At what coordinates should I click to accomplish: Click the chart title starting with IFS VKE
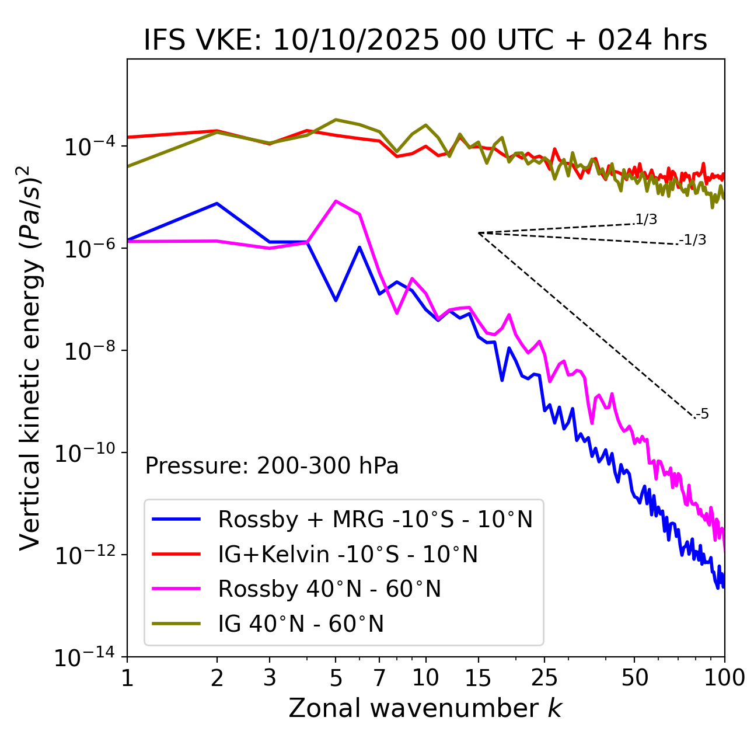(425, 41)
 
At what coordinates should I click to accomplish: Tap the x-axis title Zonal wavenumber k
(425, 708)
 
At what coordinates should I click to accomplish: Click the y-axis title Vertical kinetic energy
(31, 357)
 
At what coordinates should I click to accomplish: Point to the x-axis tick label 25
(544, 677)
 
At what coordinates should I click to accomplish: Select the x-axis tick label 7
(379, 677)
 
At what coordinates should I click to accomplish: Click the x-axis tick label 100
(724, 677)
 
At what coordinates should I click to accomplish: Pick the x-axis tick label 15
(478, 677)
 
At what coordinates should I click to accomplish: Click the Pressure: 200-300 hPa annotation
(272, 466)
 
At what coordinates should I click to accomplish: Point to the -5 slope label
(703, 415)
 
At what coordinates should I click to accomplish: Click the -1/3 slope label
(693, 240)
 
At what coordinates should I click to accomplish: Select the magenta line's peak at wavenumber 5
(336, 201)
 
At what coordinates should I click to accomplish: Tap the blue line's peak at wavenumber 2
(217, 203)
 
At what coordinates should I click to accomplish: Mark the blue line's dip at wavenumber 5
(336, 301)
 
